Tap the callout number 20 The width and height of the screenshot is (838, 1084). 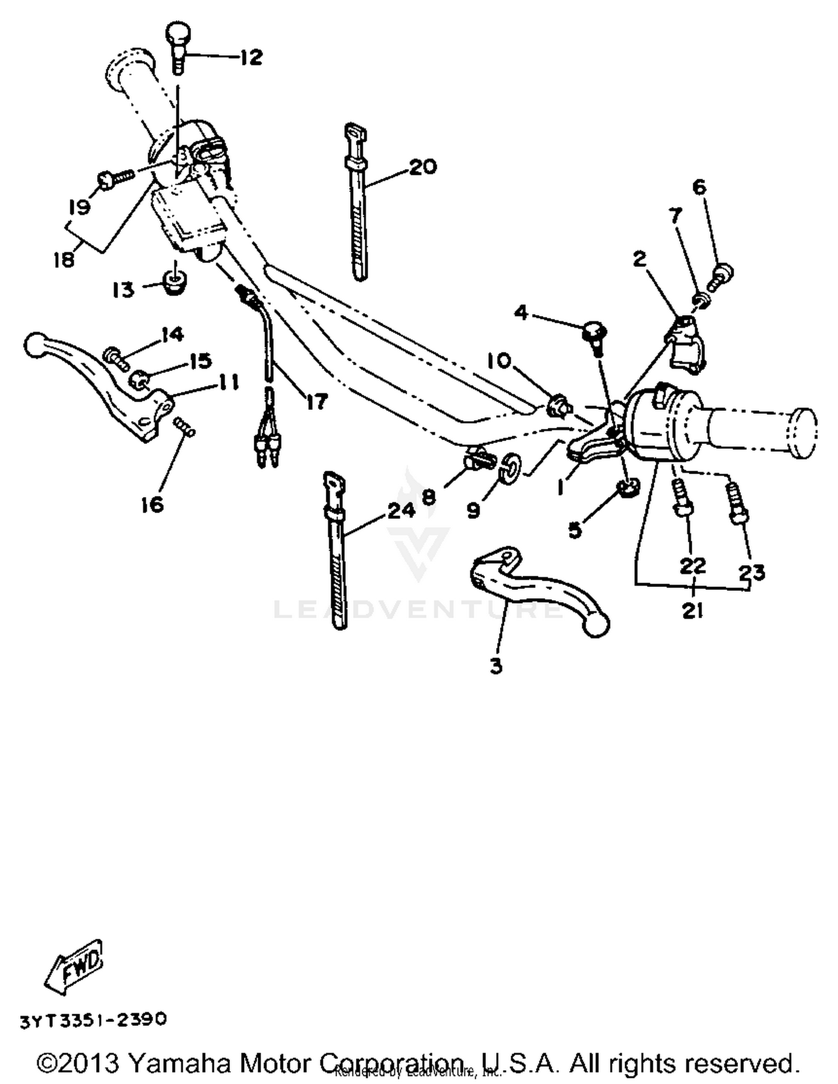click(423, 166)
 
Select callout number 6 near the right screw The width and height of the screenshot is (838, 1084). click(699, 187)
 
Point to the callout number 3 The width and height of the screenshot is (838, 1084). click(496, 666)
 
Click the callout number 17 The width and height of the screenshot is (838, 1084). click(316, 400)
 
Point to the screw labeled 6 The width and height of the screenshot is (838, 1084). click(721, 275)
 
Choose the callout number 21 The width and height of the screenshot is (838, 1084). click(692, 610)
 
